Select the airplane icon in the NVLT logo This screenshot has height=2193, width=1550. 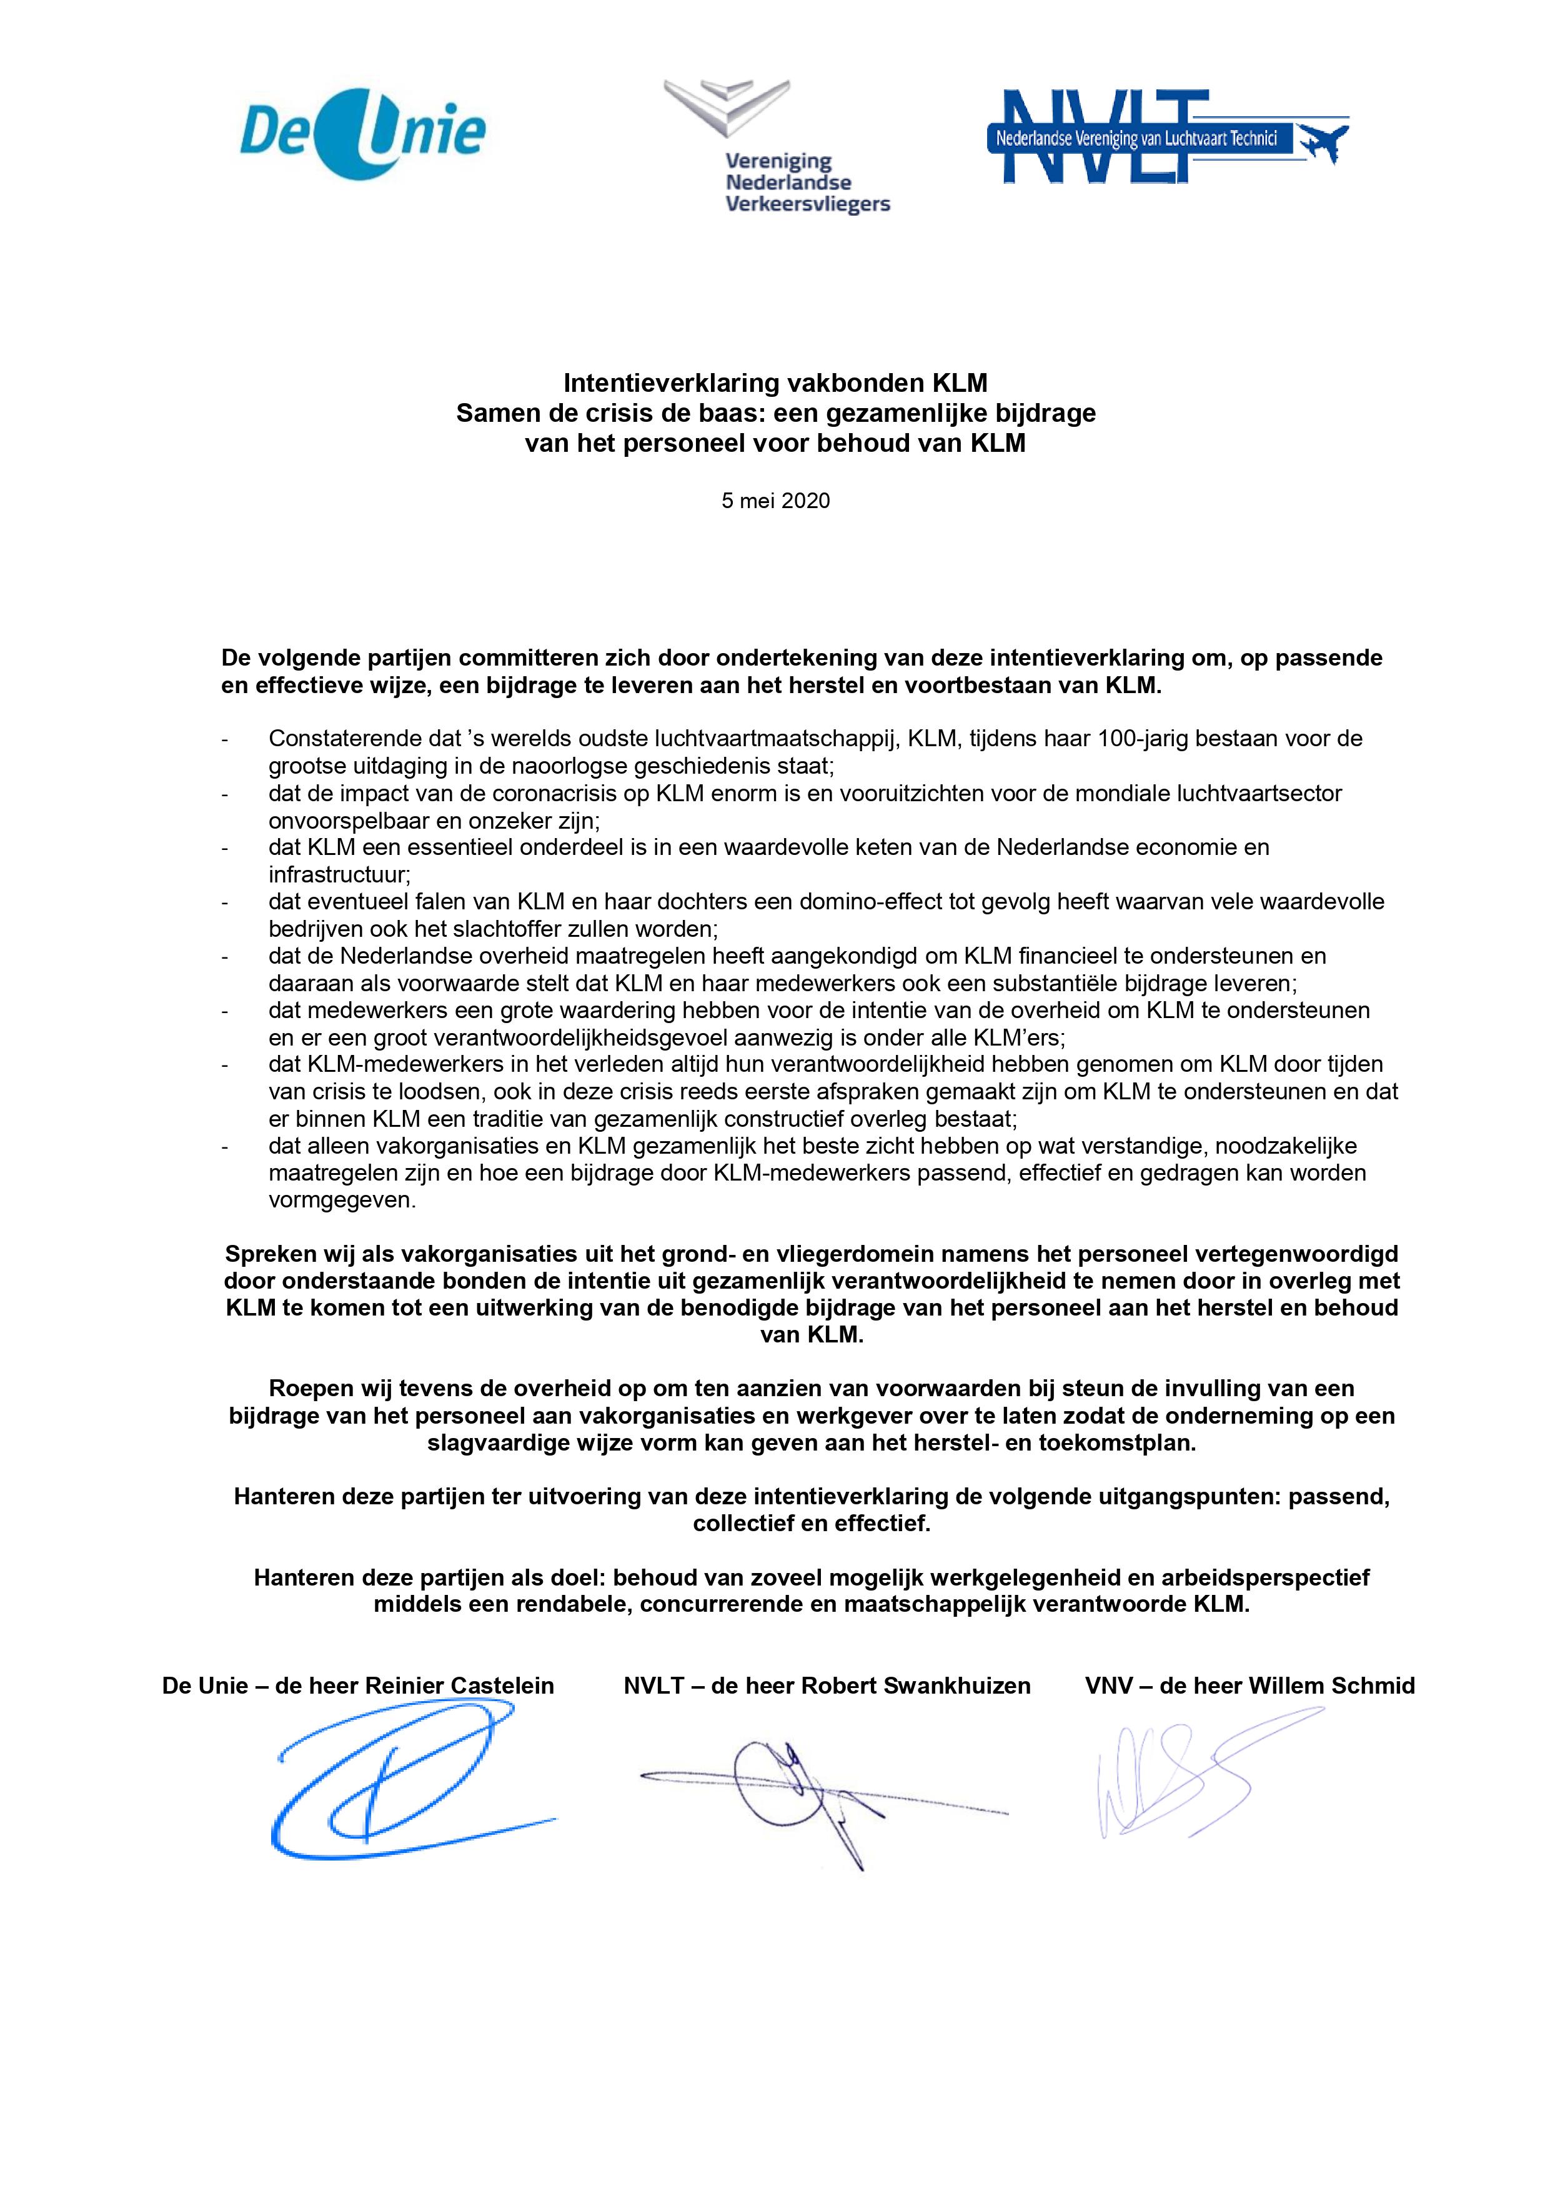pos(1322,141)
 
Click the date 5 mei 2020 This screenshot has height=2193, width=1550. pos(775,501)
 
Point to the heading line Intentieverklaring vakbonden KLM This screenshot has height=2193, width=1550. pos(775,383)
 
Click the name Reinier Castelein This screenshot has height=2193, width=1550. pos(459,1686)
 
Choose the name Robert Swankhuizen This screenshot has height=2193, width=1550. pos(915,1686)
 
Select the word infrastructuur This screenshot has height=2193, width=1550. pos(339,874)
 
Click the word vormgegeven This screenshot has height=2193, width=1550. pos(342,1200)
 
